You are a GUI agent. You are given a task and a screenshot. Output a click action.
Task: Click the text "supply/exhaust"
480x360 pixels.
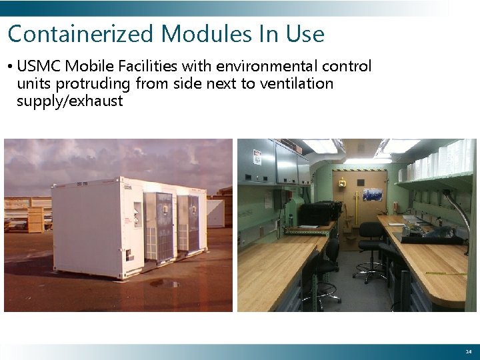(70, 101)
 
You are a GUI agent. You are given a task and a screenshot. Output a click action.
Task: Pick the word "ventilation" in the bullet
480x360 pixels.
(299, 84)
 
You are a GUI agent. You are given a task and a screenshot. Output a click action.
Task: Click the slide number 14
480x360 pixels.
(467, 351)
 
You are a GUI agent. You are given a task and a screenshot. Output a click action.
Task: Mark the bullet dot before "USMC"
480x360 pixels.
(11, 67)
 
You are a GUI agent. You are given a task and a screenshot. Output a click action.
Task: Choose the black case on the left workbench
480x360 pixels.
(318, 213)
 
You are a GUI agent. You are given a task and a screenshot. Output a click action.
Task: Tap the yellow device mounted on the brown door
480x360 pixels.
(341, 182)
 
